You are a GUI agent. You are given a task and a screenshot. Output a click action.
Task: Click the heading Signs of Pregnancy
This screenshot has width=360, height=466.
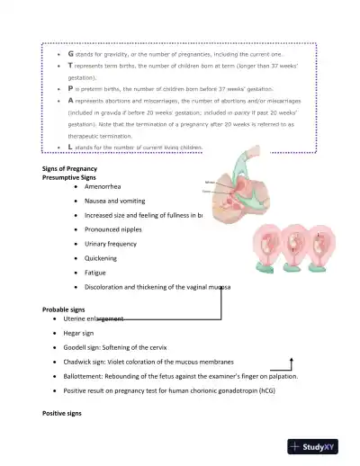[69, 169]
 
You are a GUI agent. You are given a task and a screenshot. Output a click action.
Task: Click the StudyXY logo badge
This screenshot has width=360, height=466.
[319, 446]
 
